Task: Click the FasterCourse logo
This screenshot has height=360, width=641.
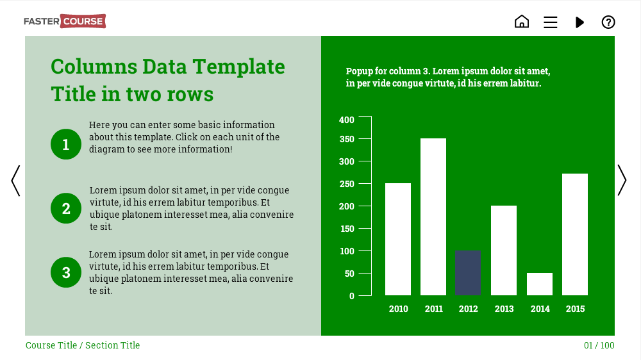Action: (65, 21)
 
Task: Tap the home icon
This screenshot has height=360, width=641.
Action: (522, 21)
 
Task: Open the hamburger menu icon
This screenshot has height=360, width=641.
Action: (550, 22)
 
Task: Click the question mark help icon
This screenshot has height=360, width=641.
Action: (608, 22)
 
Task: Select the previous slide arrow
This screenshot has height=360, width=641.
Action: (15, 181)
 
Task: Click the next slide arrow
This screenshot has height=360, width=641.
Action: (622, 180)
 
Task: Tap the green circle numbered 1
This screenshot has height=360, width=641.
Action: (66, 144)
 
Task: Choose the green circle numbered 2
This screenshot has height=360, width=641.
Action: (66, 208)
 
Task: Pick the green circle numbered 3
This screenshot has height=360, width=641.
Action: (66, 272)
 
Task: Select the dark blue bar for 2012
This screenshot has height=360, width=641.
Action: (468, 273)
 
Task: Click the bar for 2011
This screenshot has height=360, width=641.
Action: (433, 217)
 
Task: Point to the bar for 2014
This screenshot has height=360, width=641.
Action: (540, 284)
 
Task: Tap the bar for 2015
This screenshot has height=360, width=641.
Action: (575, 234)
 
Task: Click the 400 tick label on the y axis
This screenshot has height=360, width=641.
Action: (347, 120)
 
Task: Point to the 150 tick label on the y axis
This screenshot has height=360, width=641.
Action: (347, 229)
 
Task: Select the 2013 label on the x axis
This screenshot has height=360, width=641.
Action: (504, 309)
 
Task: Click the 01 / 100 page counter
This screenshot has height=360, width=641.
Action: (599, 345)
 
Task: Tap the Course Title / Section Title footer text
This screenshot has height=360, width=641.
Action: (83, 345)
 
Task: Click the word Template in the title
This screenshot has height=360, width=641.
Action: (238, 67)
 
